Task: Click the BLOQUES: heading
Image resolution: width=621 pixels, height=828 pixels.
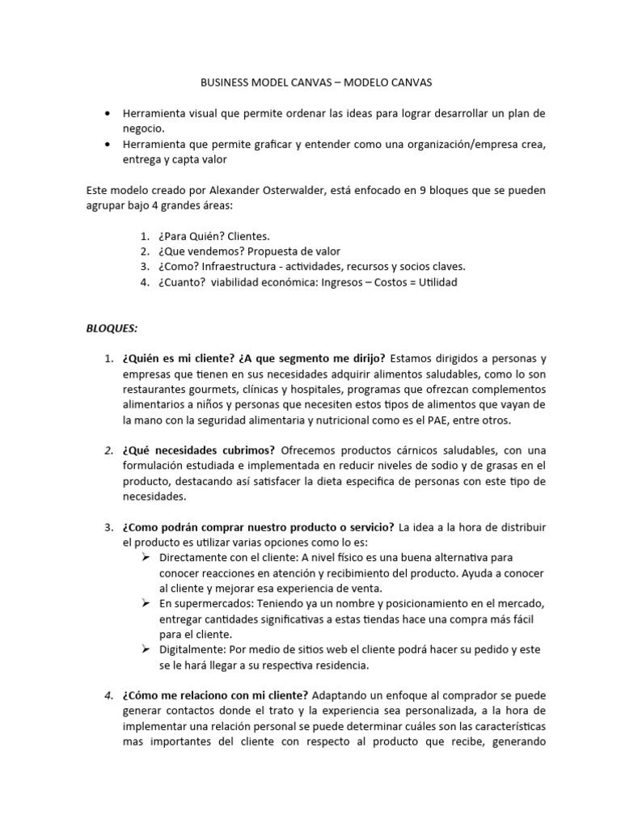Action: click(x=112, y=328)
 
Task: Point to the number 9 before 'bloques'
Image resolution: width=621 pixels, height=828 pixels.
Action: click(x=419, y=190)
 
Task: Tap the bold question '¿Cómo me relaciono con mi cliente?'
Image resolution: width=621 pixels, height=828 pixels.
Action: click(x=215, y=695)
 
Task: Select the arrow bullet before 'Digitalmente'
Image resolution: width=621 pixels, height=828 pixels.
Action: click(x=146, y=649)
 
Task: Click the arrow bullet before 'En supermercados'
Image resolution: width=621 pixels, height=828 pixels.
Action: click(x=146, y=603)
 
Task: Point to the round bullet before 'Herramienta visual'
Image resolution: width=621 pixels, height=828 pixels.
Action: click(x=108, y=114)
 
